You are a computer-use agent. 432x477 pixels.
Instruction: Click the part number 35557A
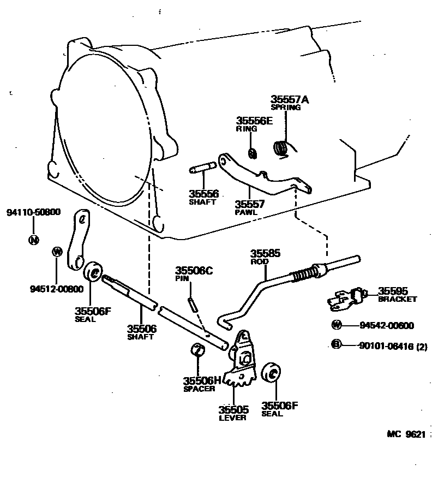pos(290,100)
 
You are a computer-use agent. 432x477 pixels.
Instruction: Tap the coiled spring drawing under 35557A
pos(281,147)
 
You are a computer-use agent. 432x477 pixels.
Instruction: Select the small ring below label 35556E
pos(252,153)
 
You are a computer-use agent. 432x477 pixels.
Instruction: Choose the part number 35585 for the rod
pos(265,254)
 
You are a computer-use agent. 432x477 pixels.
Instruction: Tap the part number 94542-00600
pos(387,325)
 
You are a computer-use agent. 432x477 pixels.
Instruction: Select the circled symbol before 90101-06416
pos(337,344)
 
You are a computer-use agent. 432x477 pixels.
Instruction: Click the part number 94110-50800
pos(33,212)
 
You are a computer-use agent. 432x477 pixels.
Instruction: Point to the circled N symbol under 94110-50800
pos(34,239)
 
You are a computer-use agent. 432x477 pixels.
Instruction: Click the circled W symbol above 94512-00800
pos(57,251)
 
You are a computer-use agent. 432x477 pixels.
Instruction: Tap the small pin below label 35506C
pos(192,303)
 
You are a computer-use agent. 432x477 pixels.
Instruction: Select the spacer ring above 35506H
pos(197,350)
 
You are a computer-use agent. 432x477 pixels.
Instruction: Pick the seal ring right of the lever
pos(271,374)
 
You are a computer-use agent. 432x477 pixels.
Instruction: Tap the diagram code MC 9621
pos(406,434)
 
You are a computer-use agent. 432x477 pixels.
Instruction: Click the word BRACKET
pos(398,299)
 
